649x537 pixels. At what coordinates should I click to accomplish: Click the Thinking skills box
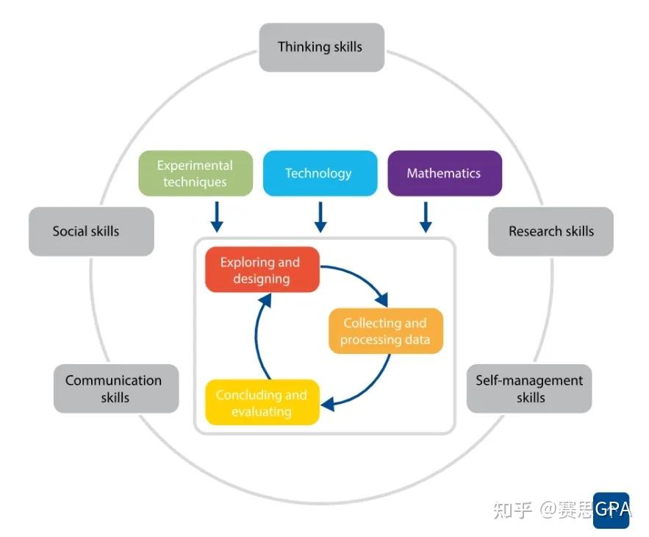point(322,47)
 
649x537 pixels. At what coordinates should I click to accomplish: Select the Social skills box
point(91,231)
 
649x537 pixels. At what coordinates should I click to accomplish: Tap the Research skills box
point(551,231)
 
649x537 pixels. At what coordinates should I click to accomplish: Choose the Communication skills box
point(116,388)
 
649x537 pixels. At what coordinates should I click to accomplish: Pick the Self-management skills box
point(529,388)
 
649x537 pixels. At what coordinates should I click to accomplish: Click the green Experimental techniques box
point(196,173)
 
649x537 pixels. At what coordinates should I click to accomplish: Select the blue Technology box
point(320,173)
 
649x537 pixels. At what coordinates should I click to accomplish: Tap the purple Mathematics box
point(445,173)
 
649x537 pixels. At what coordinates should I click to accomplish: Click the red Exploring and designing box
point(262,269)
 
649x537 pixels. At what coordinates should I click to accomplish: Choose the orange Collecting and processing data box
point(386,330)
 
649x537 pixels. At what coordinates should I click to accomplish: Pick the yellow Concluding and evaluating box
point(262,402)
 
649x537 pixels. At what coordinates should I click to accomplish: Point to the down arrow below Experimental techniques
point(217,217)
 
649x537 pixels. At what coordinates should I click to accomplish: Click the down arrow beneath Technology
point(320,217)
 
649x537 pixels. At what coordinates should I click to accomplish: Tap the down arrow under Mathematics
point(426,217)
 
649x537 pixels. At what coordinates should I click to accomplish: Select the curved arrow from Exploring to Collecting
point(361,277)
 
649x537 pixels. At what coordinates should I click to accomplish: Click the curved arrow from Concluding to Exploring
point(257,335)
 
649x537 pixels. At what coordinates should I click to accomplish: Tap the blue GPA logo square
point(611,510)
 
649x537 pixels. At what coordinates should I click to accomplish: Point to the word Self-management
point(529,380)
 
